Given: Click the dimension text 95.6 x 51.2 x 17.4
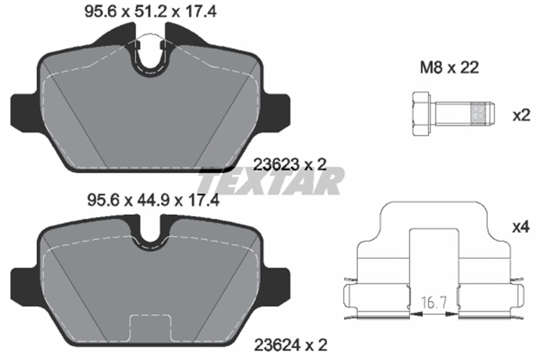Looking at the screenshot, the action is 150,12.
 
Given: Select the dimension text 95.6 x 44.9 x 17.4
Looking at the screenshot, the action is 153,200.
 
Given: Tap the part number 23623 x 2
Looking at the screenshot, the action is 290,165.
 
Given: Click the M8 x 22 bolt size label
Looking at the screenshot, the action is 449,68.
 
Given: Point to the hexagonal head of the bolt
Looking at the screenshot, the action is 421,114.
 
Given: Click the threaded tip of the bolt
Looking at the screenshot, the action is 482,114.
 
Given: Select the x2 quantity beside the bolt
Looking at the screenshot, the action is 522,115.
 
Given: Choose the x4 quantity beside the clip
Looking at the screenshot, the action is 521,227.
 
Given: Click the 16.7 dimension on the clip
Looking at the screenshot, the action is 434,303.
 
